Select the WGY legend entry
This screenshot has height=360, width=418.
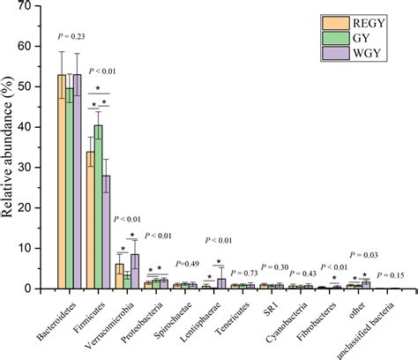pos(362,58)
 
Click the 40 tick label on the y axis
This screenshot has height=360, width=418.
pos(36,127)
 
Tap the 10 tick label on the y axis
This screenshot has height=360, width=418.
pos(36,248)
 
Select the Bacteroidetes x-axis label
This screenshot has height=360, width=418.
pos(51,321)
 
